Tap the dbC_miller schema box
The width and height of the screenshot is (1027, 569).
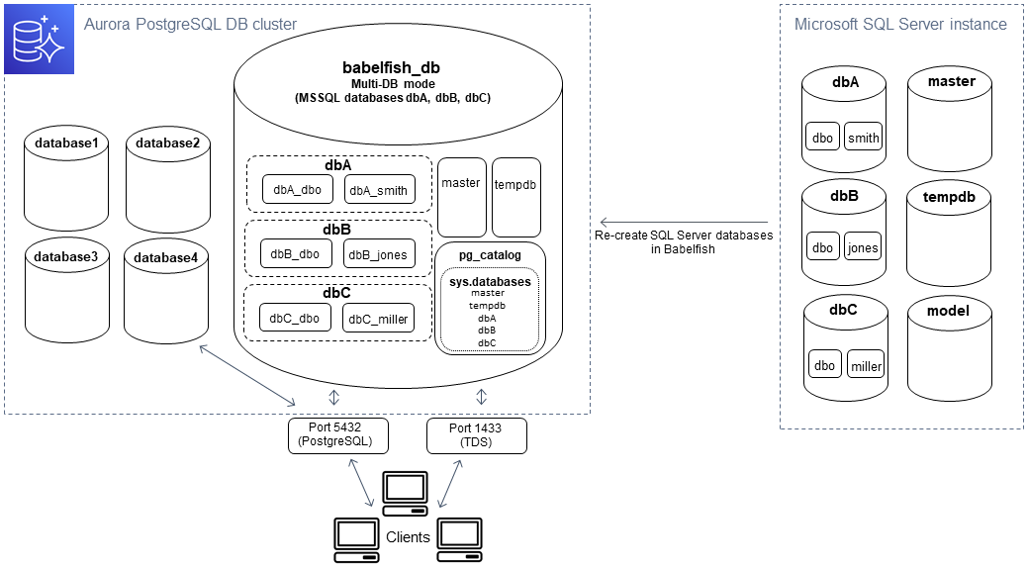379,319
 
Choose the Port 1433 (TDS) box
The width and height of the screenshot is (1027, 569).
476,435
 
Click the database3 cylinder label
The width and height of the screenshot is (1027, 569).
66,257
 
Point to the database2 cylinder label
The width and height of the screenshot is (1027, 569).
167,143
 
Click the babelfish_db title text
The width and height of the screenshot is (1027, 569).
391,67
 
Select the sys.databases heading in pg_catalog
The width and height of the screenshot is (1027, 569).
490,282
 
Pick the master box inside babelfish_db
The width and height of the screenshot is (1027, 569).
461,183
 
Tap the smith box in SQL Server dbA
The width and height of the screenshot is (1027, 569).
863,139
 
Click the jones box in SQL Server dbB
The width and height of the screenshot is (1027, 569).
862,248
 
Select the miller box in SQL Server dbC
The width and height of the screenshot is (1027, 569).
866,366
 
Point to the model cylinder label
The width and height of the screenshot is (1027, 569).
948,311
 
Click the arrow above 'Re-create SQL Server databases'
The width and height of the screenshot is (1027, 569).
684,222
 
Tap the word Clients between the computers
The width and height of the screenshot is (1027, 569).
408,537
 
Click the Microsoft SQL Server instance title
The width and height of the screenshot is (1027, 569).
900,25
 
